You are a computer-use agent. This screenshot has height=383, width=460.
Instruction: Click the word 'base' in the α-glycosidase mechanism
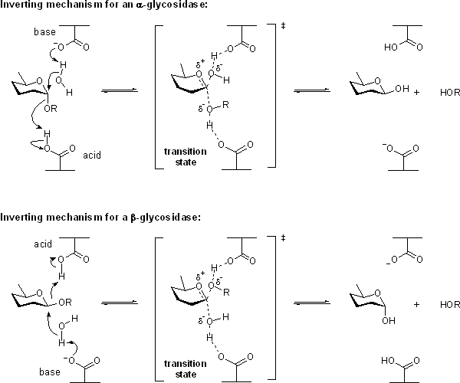(45, 33)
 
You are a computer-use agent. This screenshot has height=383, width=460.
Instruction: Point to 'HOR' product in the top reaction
(450, 93)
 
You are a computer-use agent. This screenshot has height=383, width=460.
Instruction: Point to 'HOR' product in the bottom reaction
(450, 304)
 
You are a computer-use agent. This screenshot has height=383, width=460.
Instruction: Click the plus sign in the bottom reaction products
(417, 304)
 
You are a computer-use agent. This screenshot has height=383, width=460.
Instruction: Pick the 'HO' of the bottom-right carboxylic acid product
(391, 359)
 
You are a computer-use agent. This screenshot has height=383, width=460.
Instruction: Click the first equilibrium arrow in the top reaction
(120, 91)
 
